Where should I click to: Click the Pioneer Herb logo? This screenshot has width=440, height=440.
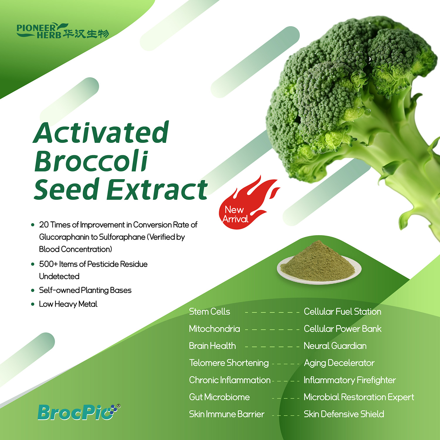pos(63,31)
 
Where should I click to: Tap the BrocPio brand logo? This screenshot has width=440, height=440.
pos(79,412)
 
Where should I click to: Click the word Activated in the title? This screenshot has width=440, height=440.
pos(101,133)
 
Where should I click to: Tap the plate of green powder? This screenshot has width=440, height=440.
pos(319,262)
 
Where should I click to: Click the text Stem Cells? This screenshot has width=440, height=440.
pos(209,312)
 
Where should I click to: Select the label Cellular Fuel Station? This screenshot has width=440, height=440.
pos(342,312)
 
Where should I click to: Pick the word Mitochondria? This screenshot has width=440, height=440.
pos(214,329)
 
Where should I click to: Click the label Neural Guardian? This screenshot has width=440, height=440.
pos(335,346)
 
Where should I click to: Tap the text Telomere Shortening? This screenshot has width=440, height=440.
pos(229,363)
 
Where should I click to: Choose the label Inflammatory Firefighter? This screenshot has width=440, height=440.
pos(350,380)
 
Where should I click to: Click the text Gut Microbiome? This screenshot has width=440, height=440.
pos(219,397)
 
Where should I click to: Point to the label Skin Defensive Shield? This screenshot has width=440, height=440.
pos(344,414)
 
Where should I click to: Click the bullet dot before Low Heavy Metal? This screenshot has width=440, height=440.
pos(33,304)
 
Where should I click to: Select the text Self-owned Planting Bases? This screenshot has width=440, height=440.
pos(85,290)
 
